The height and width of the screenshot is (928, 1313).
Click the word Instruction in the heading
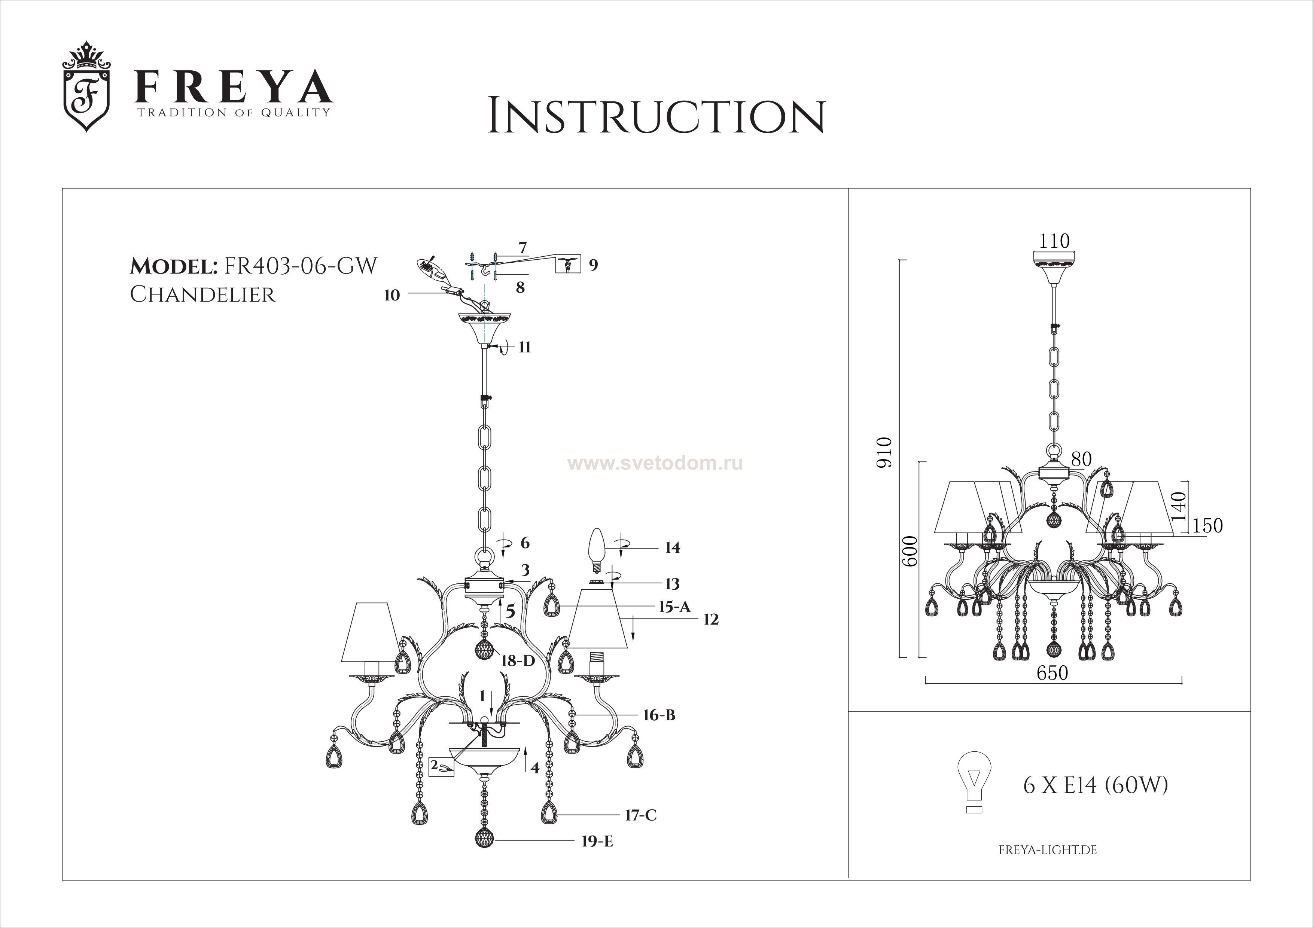click(x=656, y=117)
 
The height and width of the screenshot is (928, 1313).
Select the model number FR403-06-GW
click(x=301, y=266)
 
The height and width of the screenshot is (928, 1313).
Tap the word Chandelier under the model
click(x=202, y=295)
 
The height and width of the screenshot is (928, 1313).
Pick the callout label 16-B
click(x=659, y=715)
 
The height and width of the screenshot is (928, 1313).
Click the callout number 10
click(x=392, y=296)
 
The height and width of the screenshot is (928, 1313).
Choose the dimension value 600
click(x=910, y=550)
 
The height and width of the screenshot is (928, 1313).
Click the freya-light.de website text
click(x=1048, y=866)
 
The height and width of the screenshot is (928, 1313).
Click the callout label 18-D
click(x=518, y=661)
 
